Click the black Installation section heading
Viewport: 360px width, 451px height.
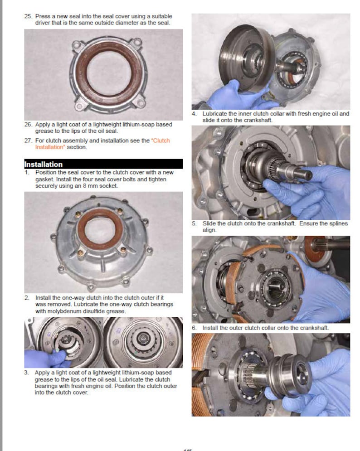(44, 164)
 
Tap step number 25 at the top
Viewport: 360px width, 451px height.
(28, 16)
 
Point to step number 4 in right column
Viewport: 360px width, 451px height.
(195, 114)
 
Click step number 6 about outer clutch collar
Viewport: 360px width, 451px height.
(195, 327)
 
